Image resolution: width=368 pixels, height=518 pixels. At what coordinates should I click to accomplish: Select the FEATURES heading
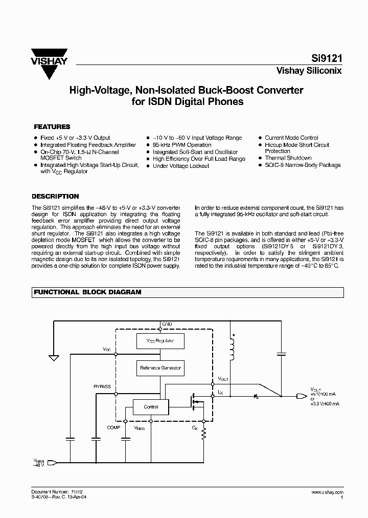pos(52,126)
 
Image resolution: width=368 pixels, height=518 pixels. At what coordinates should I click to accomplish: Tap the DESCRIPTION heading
pos(55,196)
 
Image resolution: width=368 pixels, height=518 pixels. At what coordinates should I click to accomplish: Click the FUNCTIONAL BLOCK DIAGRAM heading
pos(87,292)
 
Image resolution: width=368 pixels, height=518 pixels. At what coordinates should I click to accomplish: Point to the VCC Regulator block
pos(160,340)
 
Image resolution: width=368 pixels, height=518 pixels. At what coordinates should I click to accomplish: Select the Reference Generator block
pos(160,368)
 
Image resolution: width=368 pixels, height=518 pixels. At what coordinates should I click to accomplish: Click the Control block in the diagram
pos(151,407)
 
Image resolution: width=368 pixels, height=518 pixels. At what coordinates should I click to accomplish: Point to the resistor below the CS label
pos(204,434)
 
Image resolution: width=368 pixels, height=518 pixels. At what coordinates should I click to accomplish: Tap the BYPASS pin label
pos(102,386)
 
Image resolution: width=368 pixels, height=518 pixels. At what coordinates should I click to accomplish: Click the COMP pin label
pos(114,426)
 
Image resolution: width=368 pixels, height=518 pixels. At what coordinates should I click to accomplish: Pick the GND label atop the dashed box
pos(167,325)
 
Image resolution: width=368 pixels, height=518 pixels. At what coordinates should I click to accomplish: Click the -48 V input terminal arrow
pos(51,462)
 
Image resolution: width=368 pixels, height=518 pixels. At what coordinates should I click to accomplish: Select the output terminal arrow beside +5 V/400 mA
pos(303,396)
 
